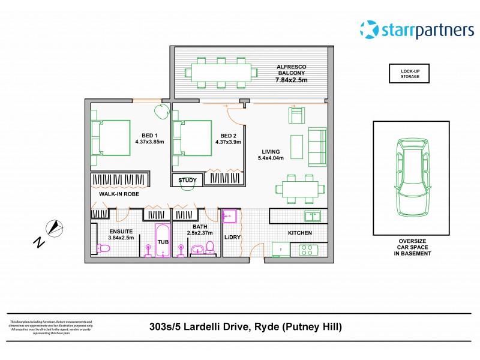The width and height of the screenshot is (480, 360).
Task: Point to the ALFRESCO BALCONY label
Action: click(291, 76)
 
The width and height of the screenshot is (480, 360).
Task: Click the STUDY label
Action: click(187, 179)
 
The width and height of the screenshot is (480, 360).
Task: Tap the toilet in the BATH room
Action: click(210, 247)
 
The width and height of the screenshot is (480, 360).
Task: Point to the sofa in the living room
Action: click(317, 146)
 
